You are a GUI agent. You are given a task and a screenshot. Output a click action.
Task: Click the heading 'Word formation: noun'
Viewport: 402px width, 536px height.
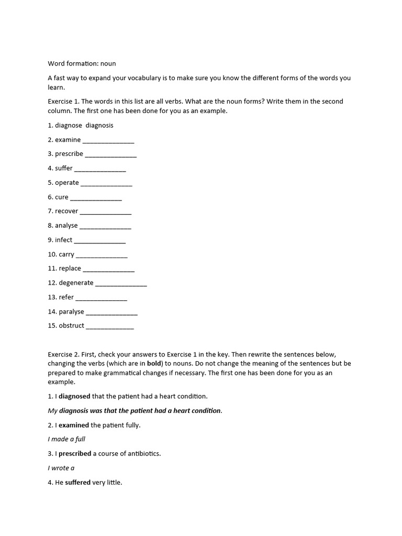point(82,63)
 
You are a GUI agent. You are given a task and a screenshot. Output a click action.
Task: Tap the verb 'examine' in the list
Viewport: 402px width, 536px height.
point(68,140)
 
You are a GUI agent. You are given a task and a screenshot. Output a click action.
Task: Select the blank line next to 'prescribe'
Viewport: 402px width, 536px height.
point(110,154)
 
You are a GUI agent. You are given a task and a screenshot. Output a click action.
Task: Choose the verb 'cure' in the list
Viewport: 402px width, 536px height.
point(62,197)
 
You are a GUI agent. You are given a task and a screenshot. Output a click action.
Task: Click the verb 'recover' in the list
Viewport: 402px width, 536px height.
point(66,211)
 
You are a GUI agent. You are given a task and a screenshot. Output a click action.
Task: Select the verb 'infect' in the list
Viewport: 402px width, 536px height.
point(64,240)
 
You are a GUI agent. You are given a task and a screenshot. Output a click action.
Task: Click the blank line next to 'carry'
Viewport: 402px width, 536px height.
point(102,255)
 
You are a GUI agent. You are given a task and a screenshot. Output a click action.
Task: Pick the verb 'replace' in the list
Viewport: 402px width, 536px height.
point(70,269)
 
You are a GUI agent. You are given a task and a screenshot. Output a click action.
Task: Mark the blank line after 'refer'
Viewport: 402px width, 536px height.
point(101,298)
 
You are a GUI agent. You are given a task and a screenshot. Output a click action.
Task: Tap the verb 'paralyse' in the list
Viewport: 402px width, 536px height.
point(72,312)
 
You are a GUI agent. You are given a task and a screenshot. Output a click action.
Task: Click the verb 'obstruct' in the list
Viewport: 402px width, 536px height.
point(72,326)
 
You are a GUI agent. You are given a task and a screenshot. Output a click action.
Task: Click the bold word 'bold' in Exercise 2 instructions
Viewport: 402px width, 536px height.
point(154,363)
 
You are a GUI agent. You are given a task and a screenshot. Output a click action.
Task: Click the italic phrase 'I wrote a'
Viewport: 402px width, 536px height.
point(61,468)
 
